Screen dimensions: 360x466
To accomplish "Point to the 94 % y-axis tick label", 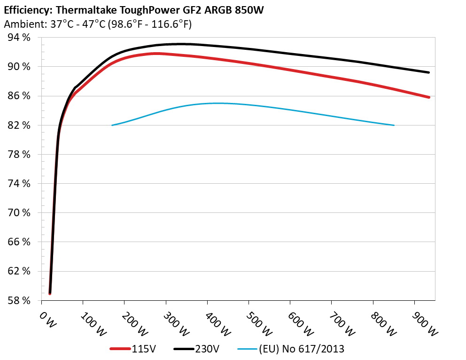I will tap(19, 38).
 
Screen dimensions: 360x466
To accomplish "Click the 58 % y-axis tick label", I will tap(19, 300).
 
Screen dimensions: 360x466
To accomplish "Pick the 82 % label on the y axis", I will tap(19, 125).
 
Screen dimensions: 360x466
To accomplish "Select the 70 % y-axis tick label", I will tap(19, 213).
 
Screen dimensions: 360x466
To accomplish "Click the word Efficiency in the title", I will tap(23, 9).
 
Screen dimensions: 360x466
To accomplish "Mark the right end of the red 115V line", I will tap(429, 97).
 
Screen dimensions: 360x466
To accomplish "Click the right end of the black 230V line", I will tap(429, 72).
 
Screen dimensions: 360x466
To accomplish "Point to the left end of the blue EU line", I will tap(112, 125).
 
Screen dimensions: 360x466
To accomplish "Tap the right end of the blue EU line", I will tap(394, 125).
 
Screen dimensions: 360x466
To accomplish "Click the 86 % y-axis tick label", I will tap(19, 96).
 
